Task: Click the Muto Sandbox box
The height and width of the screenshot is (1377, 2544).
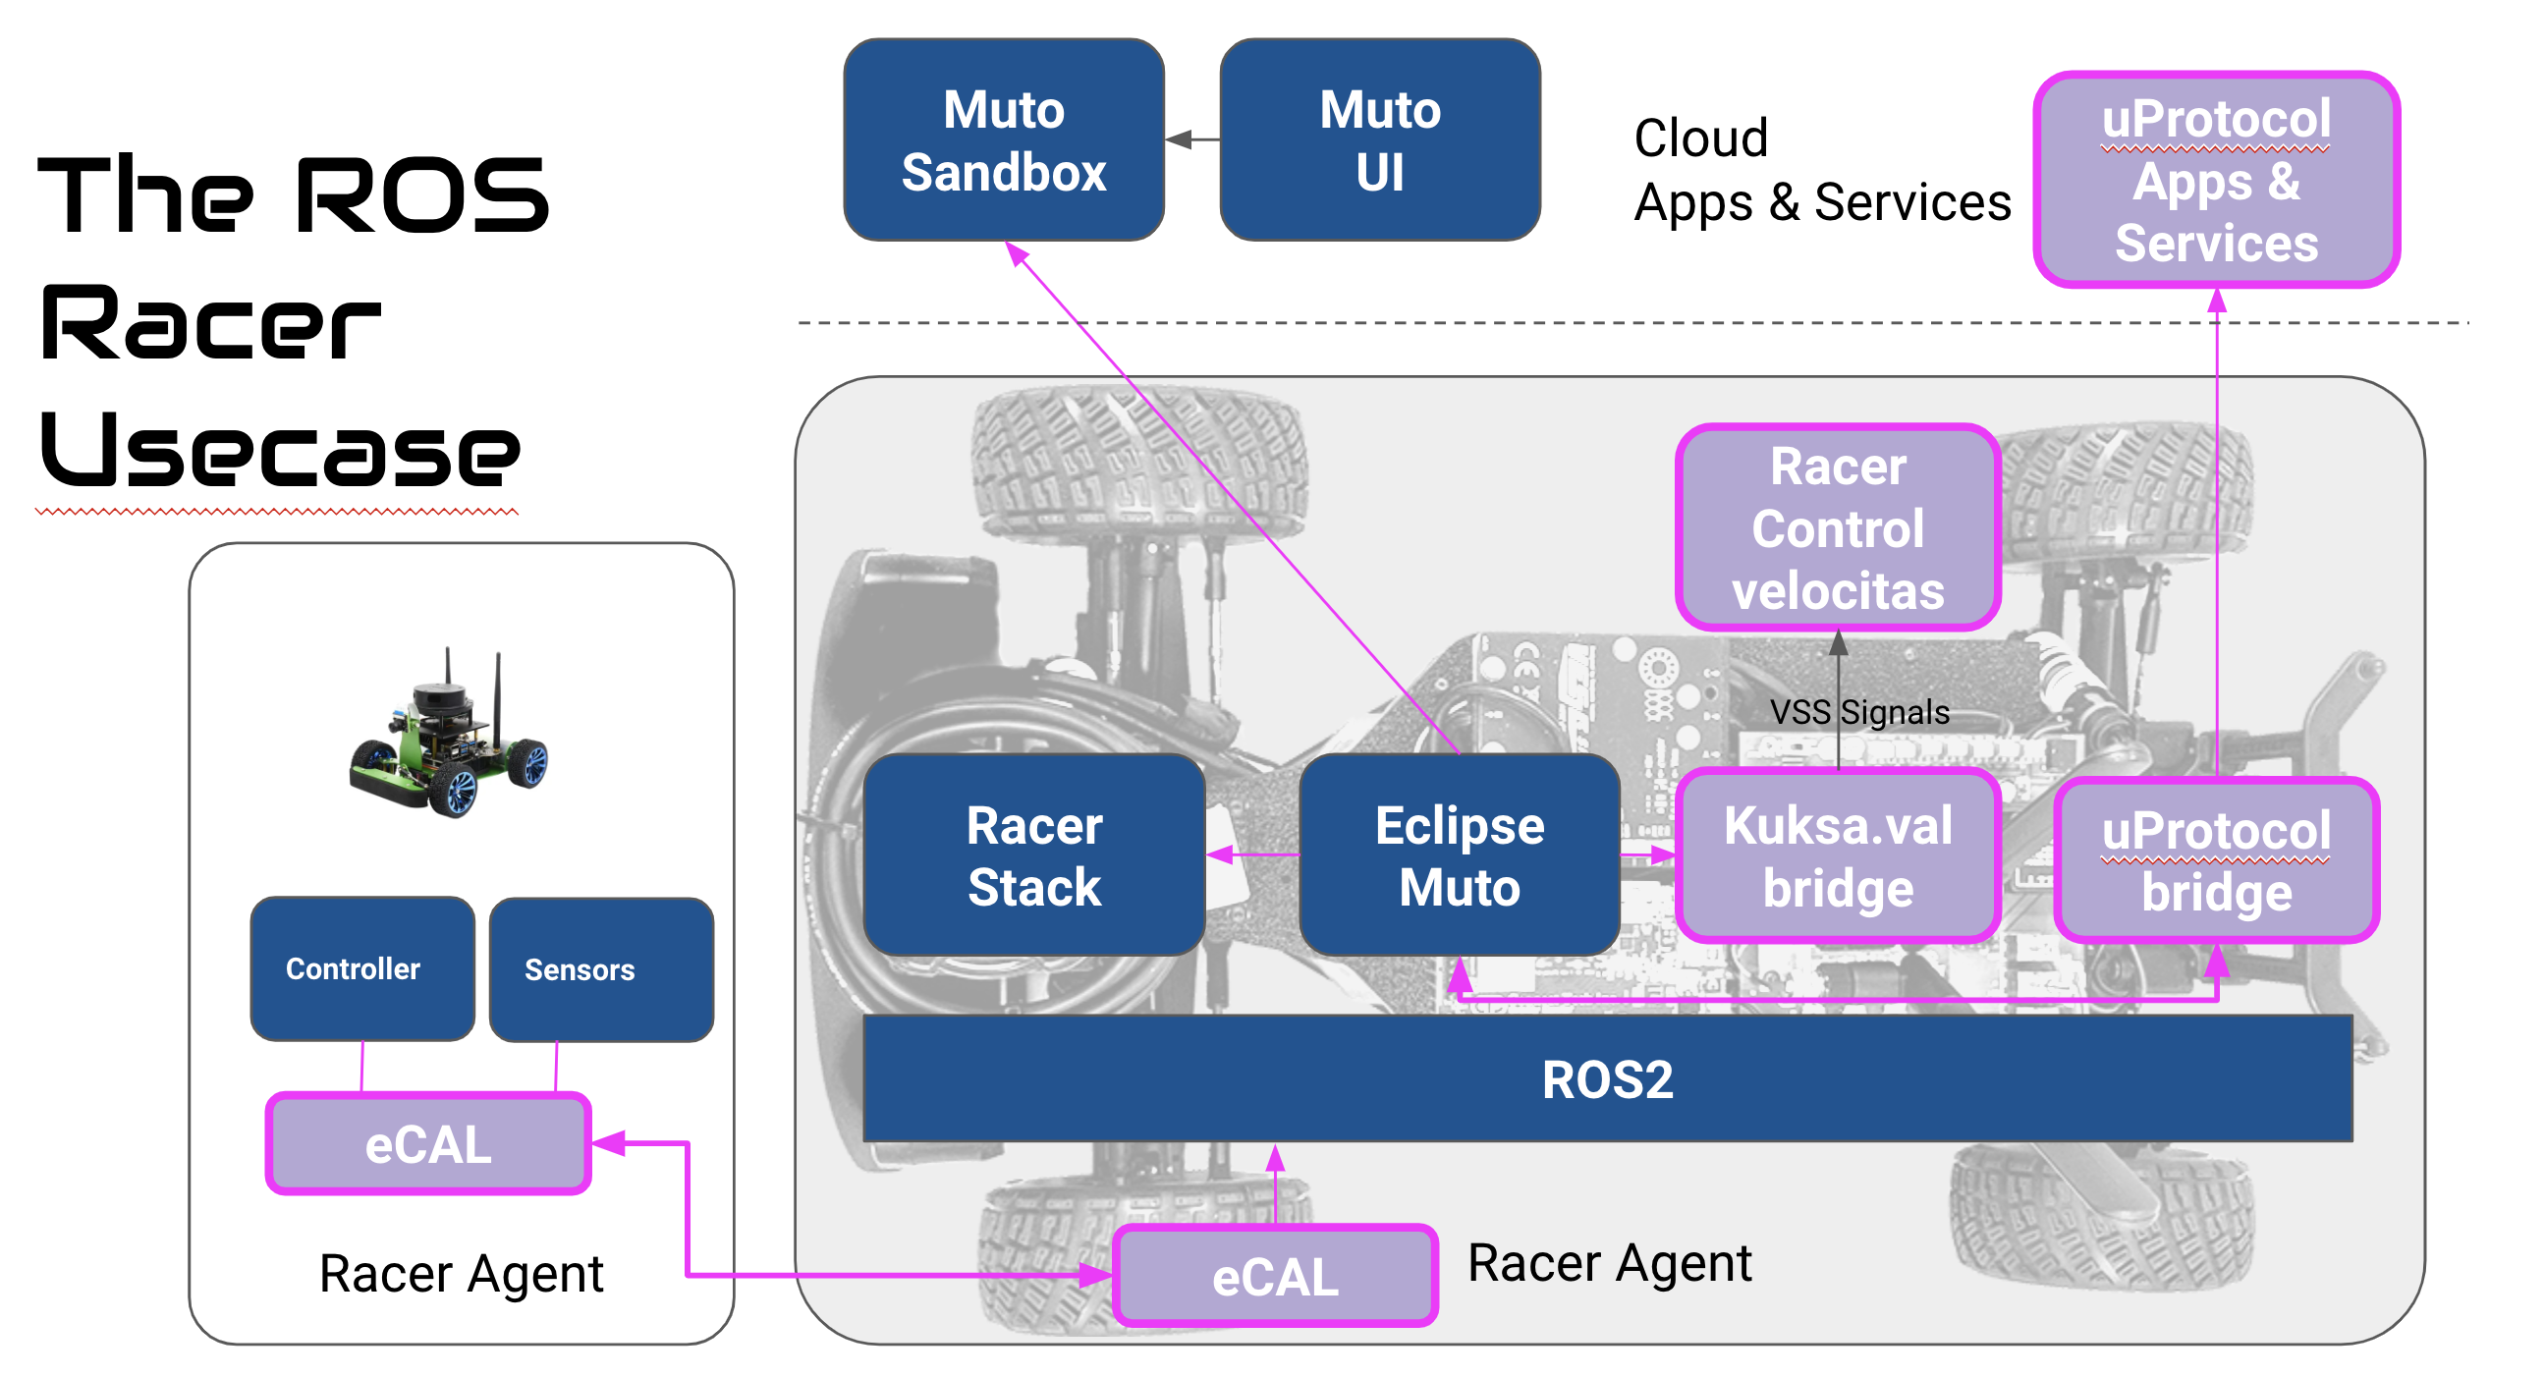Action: coord(1004,140)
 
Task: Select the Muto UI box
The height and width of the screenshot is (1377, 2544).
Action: coord(1380,140)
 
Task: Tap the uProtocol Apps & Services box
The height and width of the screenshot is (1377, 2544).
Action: coord(2215,180)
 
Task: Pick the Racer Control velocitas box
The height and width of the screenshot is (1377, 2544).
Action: coord(1837,528)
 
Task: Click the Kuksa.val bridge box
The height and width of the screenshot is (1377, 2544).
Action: coord(1837,856)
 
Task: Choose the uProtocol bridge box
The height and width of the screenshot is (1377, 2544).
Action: coord(2215,860)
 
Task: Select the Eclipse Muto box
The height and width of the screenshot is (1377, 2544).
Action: coord(1459,855)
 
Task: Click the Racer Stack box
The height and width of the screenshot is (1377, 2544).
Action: coord(1033,855)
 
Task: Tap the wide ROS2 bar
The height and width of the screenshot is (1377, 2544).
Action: coord(1607,1078)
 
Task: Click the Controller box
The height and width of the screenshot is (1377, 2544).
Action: coord(361,969)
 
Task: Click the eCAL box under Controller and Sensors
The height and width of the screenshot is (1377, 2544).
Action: coord(427,1144)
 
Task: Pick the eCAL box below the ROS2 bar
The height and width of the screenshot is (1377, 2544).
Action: coord(1274,1276)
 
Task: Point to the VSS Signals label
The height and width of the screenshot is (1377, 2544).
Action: coord(1858,712)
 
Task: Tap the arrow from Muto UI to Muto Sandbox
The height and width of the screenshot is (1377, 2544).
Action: coord(1192,140)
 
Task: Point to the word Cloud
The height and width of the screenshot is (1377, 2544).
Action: coord(1699,138)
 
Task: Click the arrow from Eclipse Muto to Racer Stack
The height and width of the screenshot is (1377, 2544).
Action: coord(1251,854)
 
